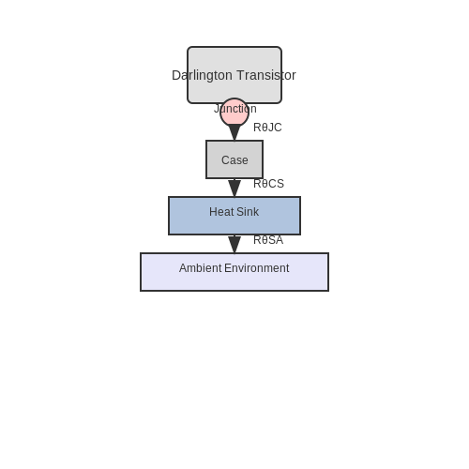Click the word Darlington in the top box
coord(202,76)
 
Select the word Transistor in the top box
coord(266,75)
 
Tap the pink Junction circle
coord(234,113)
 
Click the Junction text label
coord(235,109)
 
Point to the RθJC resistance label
coord(267,128)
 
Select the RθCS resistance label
coord(268,184)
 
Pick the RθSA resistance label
coord(268,240)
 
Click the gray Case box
coord(234,159)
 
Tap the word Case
coord(234,160)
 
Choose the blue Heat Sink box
coord(234,216)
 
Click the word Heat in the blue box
coord(221,212)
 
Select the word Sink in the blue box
coord(248,212)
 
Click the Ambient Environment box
coord(234,272)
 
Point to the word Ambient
coord(201,268)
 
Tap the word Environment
coord(257,268)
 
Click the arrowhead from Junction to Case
coord(234,132)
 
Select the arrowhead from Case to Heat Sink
coord(234,189)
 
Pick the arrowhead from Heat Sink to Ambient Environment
coord(234,245)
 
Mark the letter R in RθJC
coord(257,128)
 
